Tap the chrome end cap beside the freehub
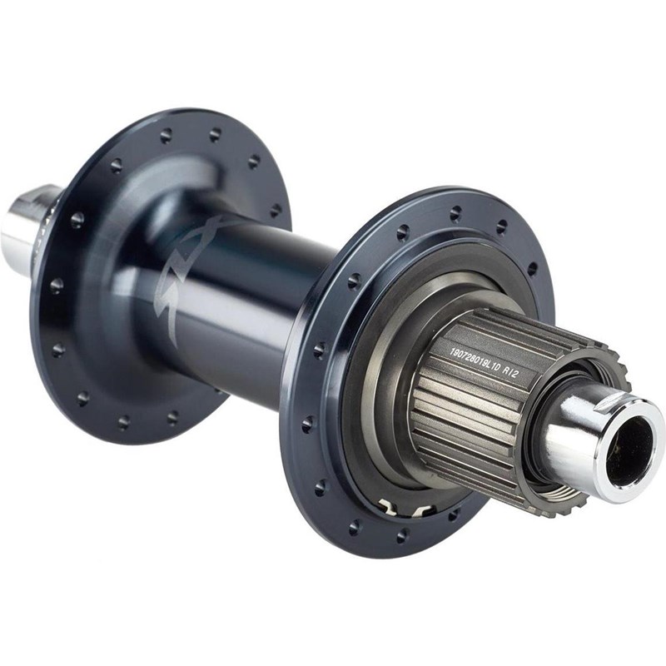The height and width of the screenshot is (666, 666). pos(583,433)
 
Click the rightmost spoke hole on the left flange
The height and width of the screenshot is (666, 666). pos(276,211)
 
